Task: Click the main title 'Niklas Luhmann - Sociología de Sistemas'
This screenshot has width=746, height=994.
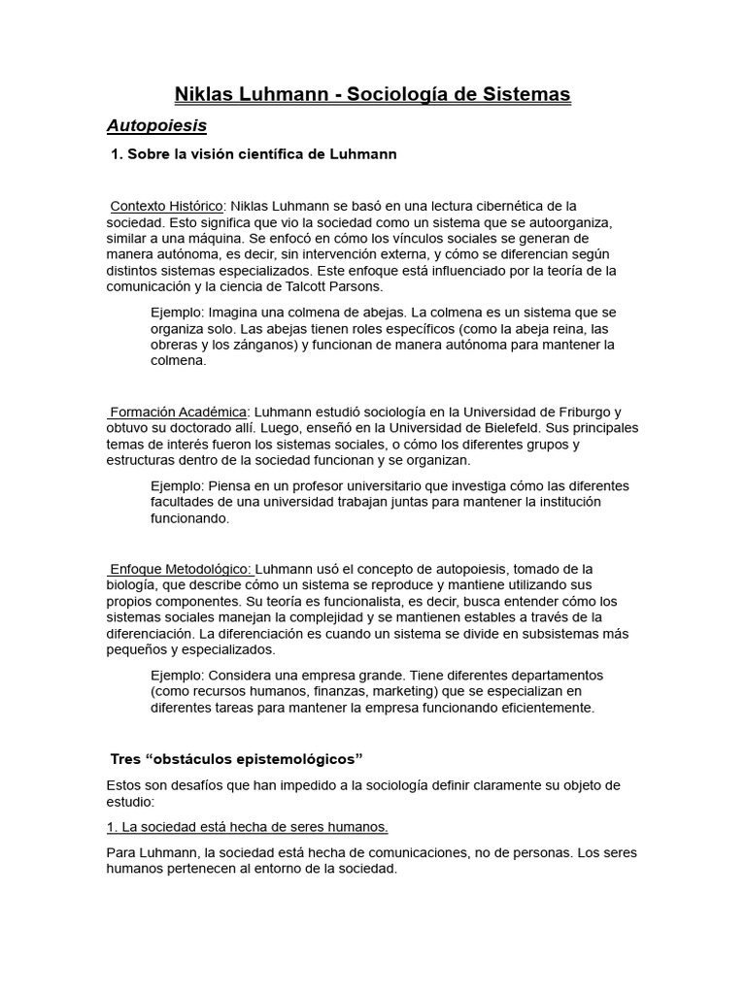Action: (372, 94)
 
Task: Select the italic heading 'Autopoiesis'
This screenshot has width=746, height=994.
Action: (156, 126)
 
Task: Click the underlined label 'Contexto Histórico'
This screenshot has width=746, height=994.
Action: (167, 206)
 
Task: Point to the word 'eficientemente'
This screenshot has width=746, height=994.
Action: (541, 708)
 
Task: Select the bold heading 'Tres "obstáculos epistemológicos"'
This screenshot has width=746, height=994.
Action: (236, 758)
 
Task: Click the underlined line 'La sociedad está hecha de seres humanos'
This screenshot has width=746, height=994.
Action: (248, 827)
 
